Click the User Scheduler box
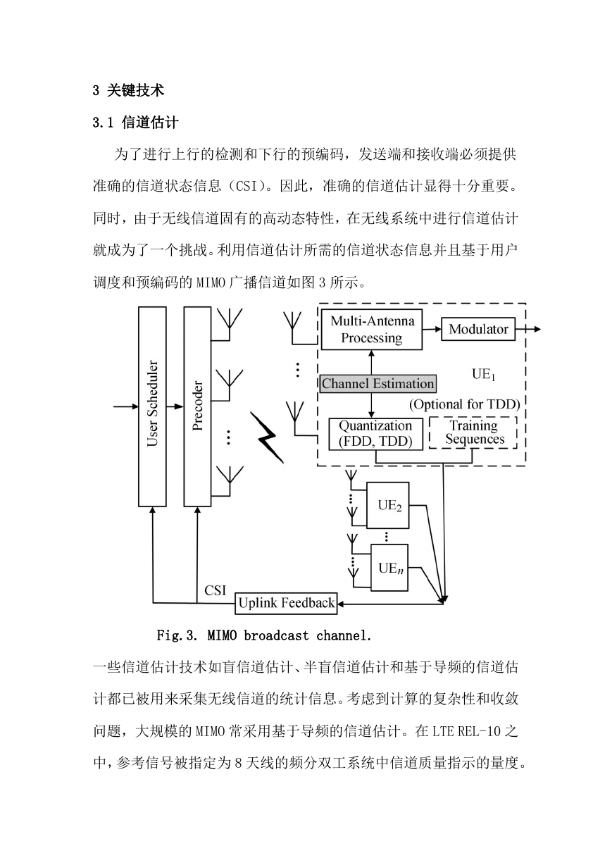[152, 406]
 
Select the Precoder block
[197, 406]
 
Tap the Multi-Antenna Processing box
[371, 330]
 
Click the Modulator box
[478, 329]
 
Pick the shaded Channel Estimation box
[378, 383]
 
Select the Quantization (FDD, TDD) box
[375, 434]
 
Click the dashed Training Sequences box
[473, 432]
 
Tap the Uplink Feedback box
[286, 603]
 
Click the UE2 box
[387, 505]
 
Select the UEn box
[389, 568]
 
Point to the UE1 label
[483, 374]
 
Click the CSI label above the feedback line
[215, 590]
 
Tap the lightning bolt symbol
[267, 437]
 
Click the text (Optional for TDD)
[465, 404]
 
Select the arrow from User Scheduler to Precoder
[175, 406]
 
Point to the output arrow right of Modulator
[527, 329]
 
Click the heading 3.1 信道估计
[135, 123]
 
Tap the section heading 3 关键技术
[129, 90]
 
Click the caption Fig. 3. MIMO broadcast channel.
[263, 635]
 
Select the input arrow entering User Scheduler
[126, 406]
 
